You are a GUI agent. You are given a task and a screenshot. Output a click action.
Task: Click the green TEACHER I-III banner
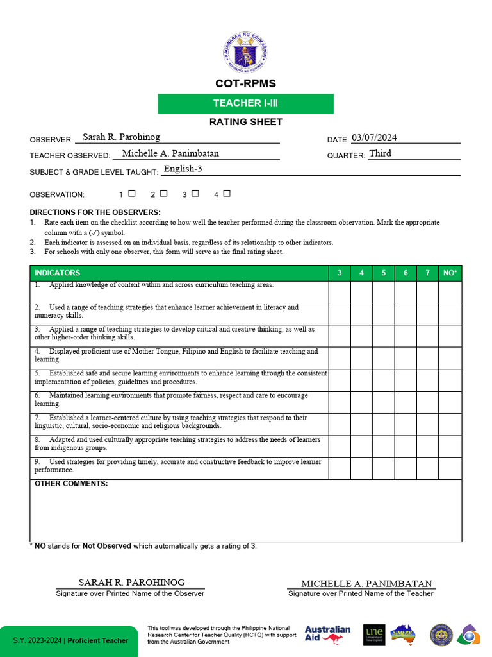click(245, 103)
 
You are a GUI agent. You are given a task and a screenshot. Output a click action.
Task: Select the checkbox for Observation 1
click(132, 193)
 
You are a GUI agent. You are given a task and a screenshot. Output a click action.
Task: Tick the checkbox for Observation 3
click(195, 193)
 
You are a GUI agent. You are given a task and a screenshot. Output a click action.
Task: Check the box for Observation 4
click(227, 193)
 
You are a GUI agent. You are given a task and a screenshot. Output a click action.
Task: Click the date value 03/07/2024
click(374, 137)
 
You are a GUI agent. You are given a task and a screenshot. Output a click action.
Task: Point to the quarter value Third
click(380, 153)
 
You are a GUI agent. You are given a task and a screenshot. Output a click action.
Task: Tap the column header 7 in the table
click(427, 273)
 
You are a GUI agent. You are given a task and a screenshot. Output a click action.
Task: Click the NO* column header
click(450, 273)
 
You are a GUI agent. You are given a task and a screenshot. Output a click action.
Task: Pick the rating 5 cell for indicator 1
click(384, 292)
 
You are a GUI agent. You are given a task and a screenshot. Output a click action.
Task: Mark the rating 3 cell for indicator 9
click(340, 468)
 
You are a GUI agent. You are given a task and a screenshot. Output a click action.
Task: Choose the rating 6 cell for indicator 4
click(406, 358)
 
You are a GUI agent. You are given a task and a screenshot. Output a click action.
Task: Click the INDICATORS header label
click(58, 273)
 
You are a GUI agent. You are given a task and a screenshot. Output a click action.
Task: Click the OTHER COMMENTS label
click(71, 484)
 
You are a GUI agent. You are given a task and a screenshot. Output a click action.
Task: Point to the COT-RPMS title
click(245, 83)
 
